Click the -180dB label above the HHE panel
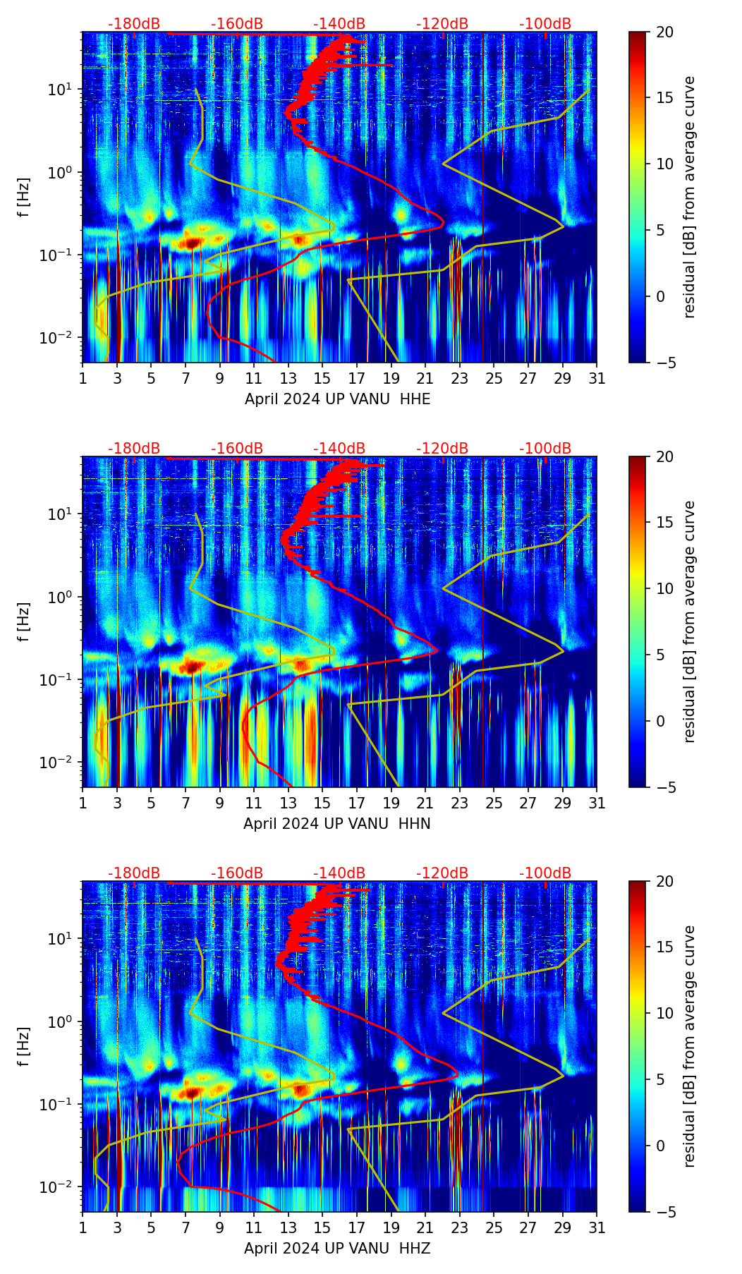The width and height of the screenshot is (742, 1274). tap(134, 24)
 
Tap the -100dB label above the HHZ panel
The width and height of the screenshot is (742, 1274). tap(545, 873)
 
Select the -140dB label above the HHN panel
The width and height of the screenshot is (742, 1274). tap(339, 449)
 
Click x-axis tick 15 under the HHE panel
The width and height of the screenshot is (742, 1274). tap(322, 378)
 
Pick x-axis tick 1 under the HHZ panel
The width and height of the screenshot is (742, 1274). tap(83, 1227)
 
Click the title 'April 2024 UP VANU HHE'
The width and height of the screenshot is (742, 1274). tap(337, 399)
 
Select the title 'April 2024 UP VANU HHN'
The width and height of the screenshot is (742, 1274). tap(337, 824)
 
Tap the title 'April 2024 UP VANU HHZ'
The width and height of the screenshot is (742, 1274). tap(337, 1249)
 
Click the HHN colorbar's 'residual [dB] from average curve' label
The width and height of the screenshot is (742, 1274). tap(690, 621)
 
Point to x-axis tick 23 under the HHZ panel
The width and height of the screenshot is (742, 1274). tap(460, 1227)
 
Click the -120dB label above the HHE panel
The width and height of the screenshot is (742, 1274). tap(442, 24)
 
